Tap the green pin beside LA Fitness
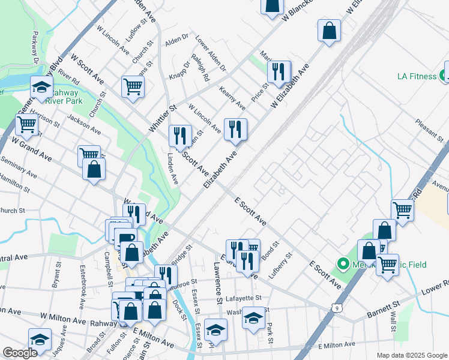(x=444, y=76)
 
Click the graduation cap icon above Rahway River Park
(x=42, y=88)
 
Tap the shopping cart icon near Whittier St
(x=133, y=86)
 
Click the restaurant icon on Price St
(x=277, y=72)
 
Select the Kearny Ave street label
(x=232, y=98)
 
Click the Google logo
(x=20, y=353)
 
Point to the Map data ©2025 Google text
(x=411, y=355)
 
